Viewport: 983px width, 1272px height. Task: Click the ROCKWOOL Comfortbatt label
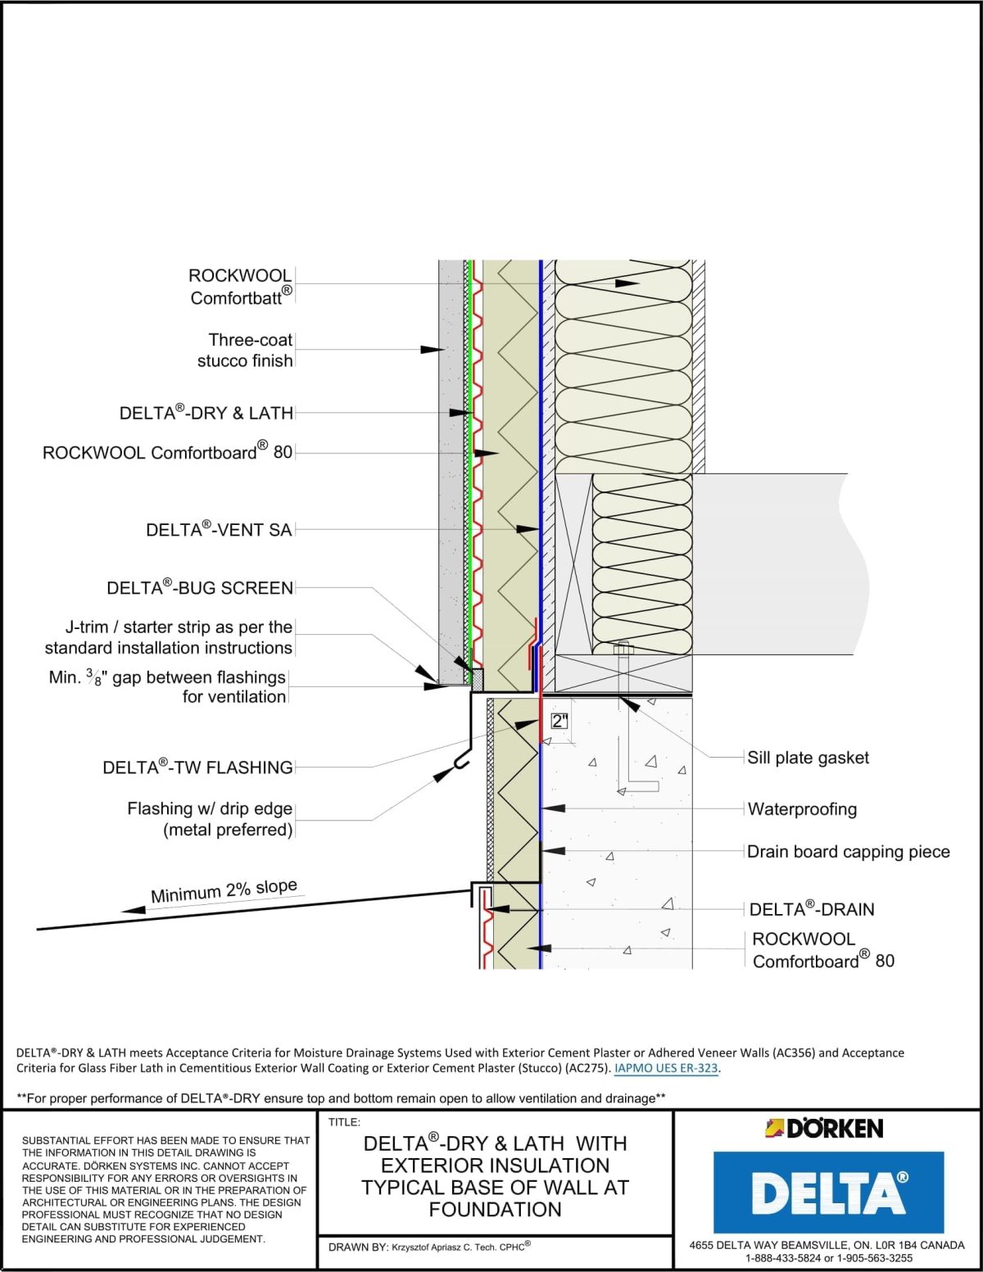click(240, 287)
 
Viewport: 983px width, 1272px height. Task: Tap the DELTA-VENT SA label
click(219, 530)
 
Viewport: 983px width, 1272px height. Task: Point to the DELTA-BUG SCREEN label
click(200, 588)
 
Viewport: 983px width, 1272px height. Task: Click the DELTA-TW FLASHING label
click(197, 767)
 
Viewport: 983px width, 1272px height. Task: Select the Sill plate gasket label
click(808, 758)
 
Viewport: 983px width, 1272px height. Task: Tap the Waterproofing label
click(802, 809)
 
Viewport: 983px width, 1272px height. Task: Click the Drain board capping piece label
click(848, 852)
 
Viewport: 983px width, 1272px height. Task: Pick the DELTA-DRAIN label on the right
click(812, 909)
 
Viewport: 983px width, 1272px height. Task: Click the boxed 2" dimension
click(559, 722)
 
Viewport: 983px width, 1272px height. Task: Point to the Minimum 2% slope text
click(224, 890)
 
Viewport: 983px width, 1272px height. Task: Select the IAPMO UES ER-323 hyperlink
click(666, 1068)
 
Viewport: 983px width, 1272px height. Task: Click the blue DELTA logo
click(828, 1192)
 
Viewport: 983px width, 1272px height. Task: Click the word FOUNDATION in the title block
click(495, 1210)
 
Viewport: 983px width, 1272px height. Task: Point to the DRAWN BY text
click(358, 1247)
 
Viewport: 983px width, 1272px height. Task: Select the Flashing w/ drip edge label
click(210, 819)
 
